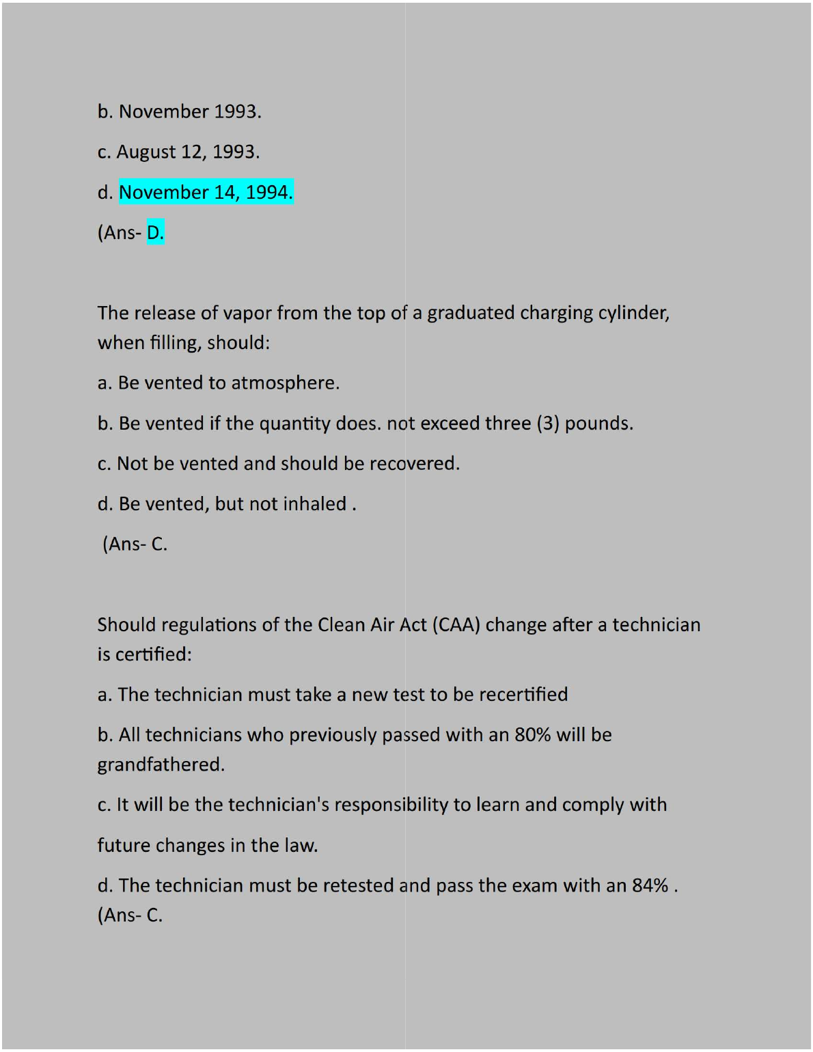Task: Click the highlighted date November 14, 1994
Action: pyautogui.click(x=206, y=193)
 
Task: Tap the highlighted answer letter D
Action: pyautogui.click(x=155, y=233)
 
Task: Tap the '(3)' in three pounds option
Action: pyautogui.click(x=548, y=424)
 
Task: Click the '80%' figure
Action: pyautogui.click(x=532, y=735)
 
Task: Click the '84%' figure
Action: pyautogui.click(x=650, y=886)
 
